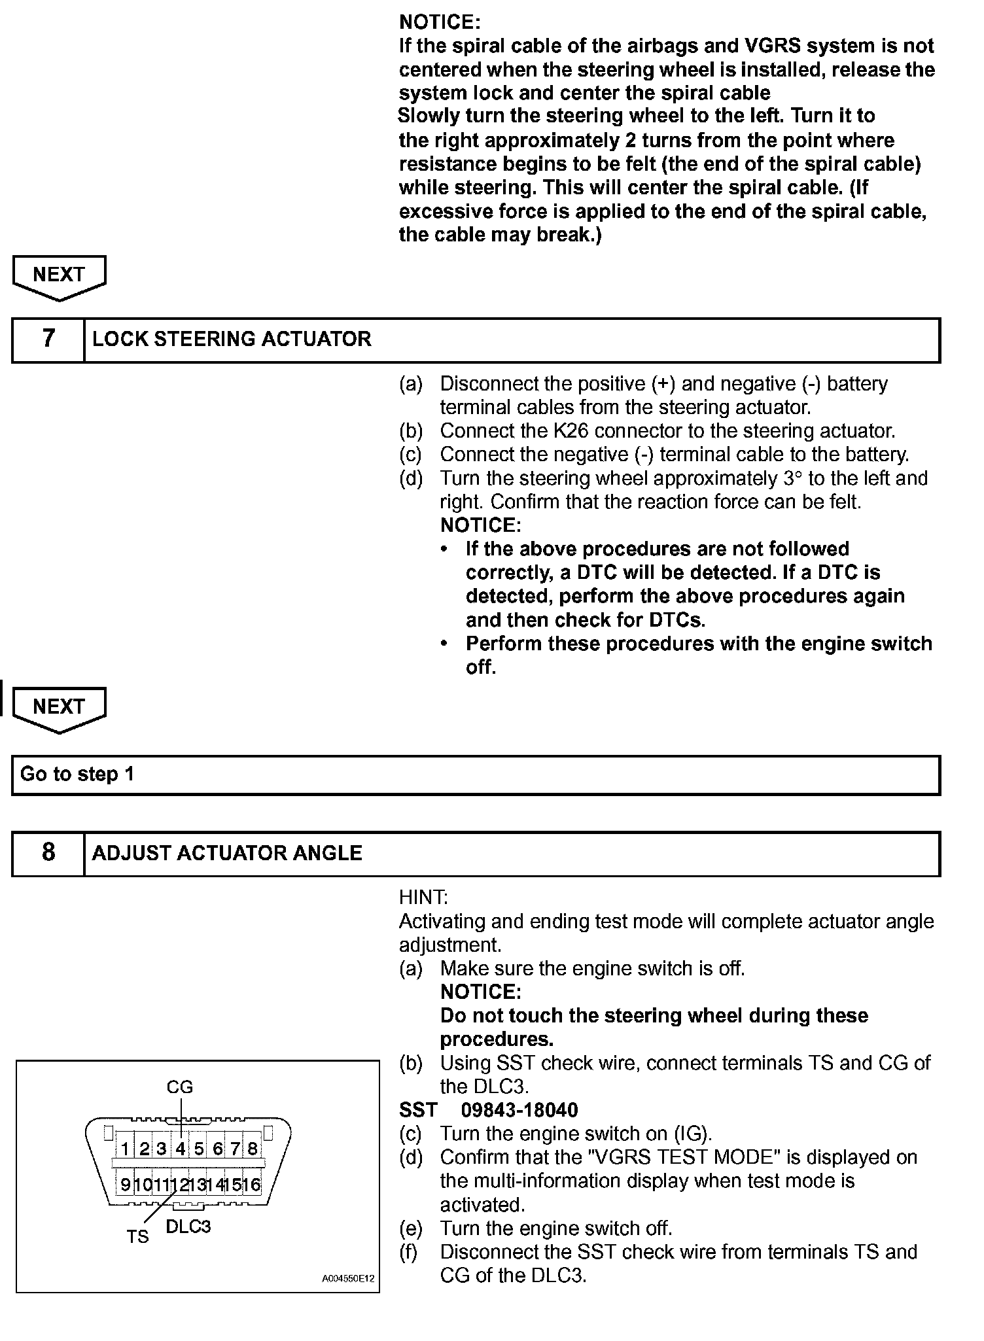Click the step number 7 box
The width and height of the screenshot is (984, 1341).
pyautogui.click(x=48, y=339)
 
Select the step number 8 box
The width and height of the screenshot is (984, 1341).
pyautogui.click(x=48, y=852)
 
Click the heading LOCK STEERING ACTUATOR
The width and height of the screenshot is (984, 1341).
pyautogui.click(x=232, y=339)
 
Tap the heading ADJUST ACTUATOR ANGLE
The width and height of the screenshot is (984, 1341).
pyautogui.click(x=227, y=853)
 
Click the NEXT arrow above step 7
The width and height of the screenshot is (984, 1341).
pyautogui.click(x=59, y=276)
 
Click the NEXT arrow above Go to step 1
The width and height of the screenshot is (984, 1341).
pyautogui.click(x=59, y=708)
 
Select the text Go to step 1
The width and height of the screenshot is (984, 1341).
pyautogui.click(x=77, y=775)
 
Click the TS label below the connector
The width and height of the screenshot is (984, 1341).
pyautogui.click(x=138, y=1236)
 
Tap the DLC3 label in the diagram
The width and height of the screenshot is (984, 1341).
pyautogui.click(x=188, y=1227)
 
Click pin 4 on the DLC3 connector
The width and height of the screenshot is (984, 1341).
pyautogui.click(x=181, y=1148)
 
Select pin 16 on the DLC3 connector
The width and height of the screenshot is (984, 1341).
pyautogui.click(x=252, y=1185)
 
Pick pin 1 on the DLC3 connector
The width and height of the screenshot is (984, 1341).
pyautogui.click(x=125, y=1148)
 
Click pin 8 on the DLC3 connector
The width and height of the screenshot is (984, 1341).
pyautogui.click(x=253, y=1148)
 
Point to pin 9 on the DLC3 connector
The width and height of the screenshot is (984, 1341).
pyautogui.click(x=125, y=1185)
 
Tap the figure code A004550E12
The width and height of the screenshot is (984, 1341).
pyautogui.click(x=348, y=1278)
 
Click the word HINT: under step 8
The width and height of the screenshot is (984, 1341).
pyautogui.click(x=423, y=897)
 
